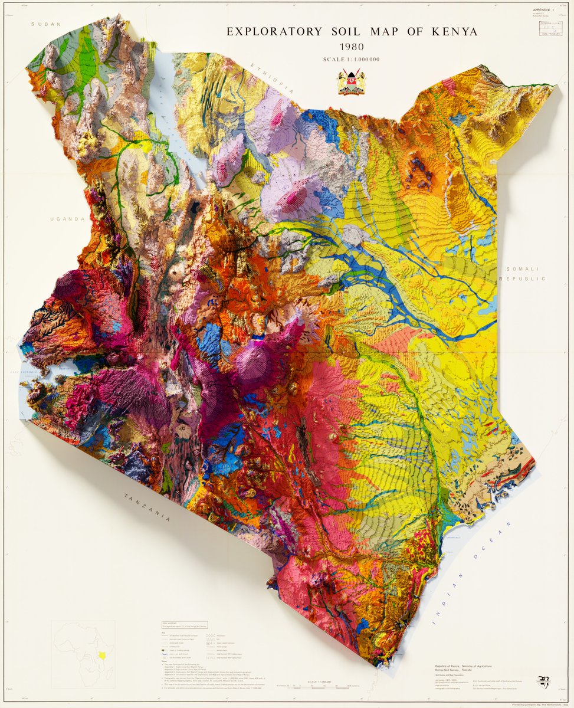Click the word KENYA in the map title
point(452,32)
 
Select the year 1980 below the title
point(351,47)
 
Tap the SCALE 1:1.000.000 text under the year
point(351,59)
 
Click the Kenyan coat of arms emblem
point(352,82)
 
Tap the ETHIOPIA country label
point(272,77)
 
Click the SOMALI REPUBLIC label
point(523,273)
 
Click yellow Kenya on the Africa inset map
point(103,655)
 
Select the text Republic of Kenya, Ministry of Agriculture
point(463,666)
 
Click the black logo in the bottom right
point(543,681)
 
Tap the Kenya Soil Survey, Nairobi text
point(454,671)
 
